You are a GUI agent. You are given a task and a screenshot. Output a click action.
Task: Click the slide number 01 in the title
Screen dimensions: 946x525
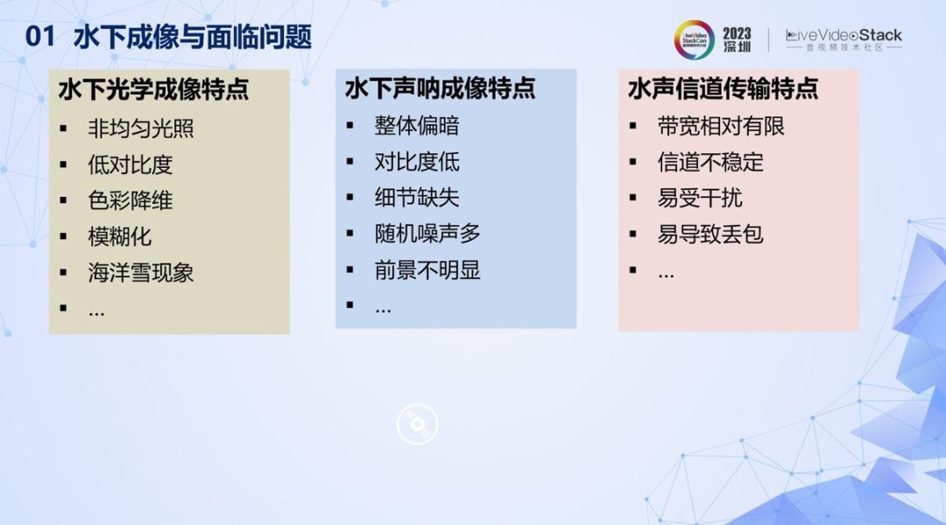(39, 37)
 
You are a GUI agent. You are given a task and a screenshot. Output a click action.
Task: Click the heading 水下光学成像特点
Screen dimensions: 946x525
(154, 89)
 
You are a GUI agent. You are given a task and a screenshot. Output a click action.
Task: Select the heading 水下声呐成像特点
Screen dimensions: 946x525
(440, 88)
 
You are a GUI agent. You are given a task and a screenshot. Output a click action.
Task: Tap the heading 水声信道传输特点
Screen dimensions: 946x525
(723, 88)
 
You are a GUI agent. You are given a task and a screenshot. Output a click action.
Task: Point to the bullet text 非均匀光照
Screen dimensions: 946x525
(140, 129)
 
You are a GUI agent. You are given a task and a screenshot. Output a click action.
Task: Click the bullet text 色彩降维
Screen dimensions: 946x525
(131, 200)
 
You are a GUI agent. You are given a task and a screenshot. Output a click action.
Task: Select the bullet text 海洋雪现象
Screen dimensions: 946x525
(140, 273)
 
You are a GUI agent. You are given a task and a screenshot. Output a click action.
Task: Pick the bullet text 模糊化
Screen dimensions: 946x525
(119, 237)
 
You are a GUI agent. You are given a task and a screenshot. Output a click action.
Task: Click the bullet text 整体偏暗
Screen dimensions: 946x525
(417, 126)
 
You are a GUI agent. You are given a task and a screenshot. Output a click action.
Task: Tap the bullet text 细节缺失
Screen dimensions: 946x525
(417, 198)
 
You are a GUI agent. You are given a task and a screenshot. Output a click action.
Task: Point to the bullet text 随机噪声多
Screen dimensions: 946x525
(427, 234)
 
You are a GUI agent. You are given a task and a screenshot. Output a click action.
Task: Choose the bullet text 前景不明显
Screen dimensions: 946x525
(427, 270)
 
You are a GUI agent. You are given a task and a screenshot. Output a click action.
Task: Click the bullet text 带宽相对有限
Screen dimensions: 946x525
(721, 127)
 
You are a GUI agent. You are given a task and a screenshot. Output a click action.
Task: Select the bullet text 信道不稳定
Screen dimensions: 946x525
(710, 162)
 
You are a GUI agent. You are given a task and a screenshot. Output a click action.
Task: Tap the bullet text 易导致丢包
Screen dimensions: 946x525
(710, 234)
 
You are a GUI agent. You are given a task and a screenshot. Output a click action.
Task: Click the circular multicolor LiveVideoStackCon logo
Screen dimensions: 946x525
(694, 39)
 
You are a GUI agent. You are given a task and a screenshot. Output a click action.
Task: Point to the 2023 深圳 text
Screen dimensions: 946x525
(738, 39)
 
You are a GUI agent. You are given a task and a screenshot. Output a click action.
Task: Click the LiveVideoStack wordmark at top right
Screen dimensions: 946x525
(844, 39)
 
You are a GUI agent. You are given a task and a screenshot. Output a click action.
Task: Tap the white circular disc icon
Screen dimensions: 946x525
(418, 424)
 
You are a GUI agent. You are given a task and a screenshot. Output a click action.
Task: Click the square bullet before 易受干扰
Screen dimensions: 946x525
(633, 198)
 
